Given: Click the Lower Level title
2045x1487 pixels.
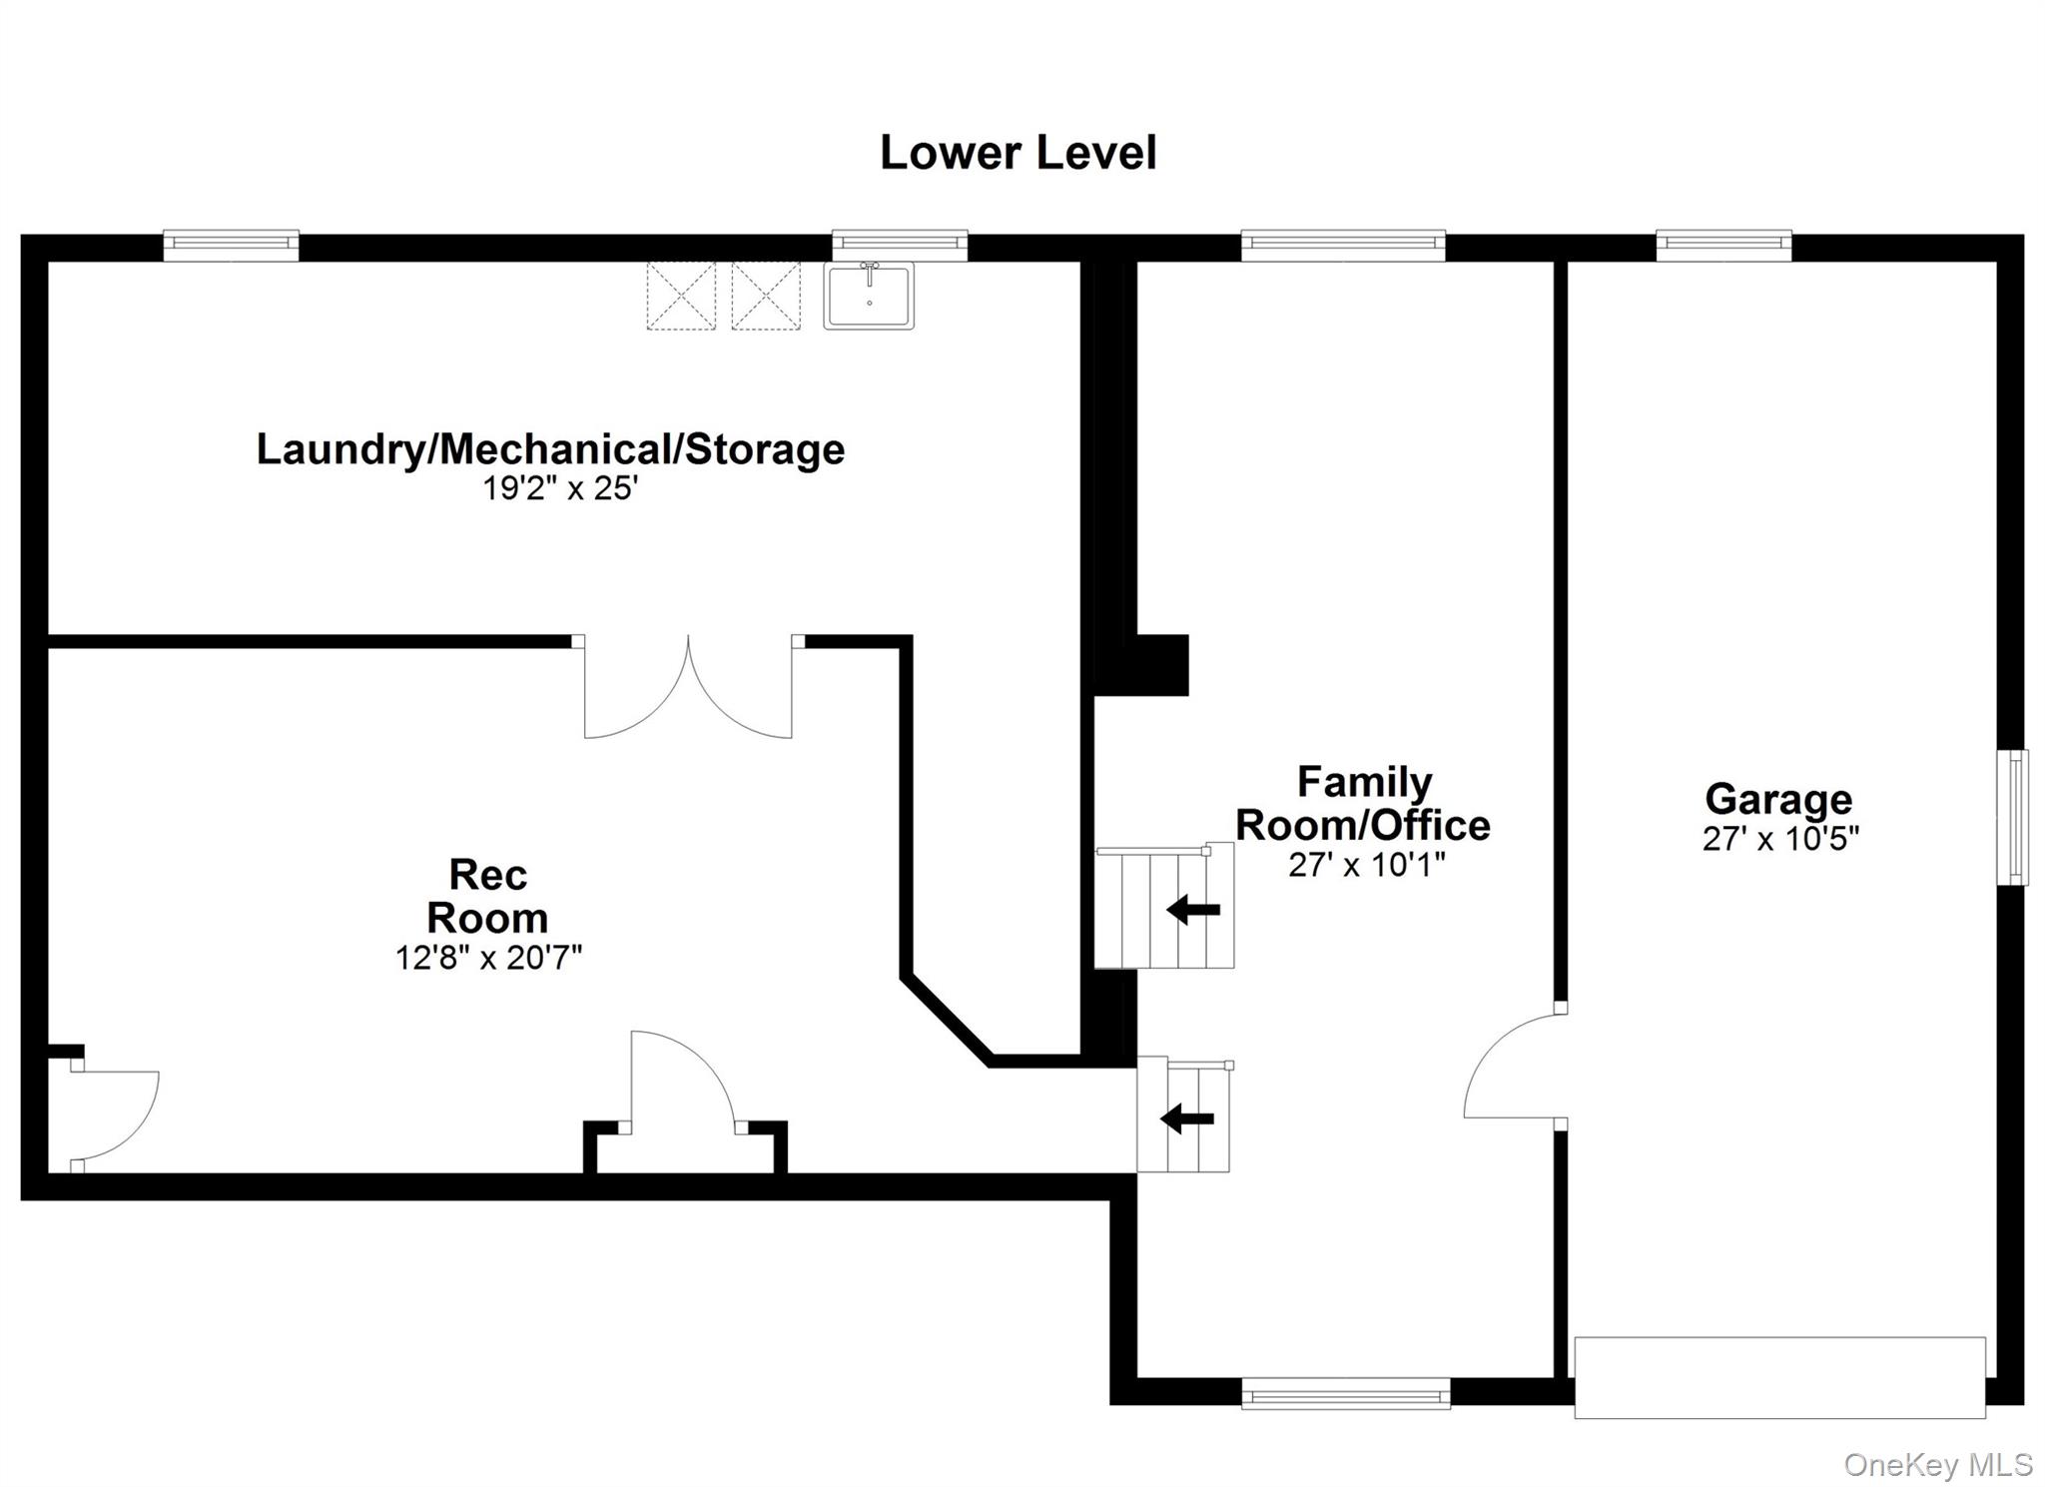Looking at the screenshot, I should (1018, 153).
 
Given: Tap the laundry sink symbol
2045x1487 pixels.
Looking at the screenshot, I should (869, 295).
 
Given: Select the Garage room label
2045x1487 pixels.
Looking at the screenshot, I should (1778, 798).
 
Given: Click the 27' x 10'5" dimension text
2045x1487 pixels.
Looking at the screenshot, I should (1780, 839).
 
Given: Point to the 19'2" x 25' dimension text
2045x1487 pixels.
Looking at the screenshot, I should (560, 488).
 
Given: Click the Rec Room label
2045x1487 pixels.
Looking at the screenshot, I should (487, 896).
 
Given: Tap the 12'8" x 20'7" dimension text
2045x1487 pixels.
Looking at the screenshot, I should (488, 958).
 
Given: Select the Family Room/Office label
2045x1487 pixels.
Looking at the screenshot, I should (1363, 803).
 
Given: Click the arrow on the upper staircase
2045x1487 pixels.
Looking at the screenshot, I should (1193, 910).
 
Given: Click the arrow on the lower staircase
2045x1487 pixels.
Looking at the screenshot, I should (1187, 1118).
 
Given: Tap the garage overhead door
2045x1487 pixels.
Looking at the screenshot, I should (1779, 1377).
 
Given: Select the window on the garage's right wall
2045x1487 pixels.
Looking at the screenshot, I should (2018, 817).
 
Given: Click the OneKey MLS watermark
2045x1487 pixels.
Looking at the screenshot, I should (1937, 1465).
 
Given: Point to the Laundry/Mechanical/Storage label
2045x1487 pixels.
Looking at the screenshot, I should (550, 448).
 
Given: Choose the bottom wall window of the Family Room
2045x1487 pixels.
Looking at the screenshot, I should (1345, 1393).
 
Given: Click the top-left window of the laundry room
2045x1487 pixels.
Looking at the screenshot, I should (231, 245).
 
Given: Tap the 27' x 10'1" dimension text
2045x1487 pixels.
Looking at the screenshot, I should (1366, 865).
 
